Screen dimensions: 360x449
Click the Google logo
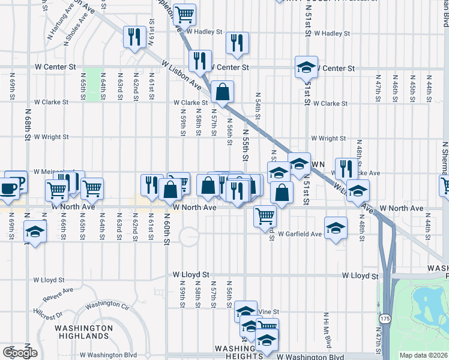click(x=20, y=353)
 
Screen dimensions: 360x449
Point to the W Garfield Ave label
click(x=300, y=234)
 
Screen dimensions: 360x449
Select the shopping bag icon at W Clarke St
click(x=221, y=92)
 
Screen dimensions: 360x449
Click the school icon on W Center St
click(x=306, y=67)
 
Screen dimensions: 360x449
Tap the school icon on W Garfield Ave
click(x=336, y=228)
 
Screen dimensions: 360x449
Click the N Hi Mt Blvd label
click(x=328, y=331)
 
